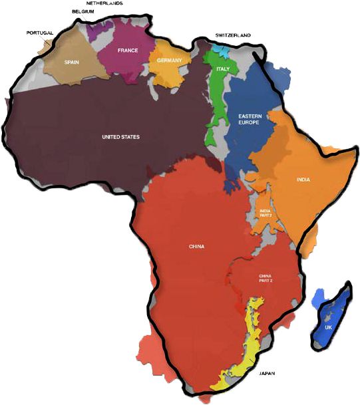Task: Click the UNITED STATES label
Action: click(120, 137)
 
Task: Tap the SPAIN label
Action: click(71, 62)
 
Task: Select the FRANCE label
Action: click(127, 51)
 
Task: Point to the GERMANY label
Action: click(170, 61)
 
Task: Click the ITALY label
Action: click(222, 68)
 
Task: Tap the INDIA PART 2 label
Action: click(266, 213)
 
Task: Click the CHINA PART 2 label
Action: click(266, 279)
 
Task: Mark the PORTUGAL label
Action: click(39, 33)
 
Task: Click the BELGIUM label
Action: click(83, 12)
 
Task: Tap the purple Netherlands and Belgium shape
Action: click(96, 31)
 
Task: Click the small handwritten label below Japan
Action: click(267, 373)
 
